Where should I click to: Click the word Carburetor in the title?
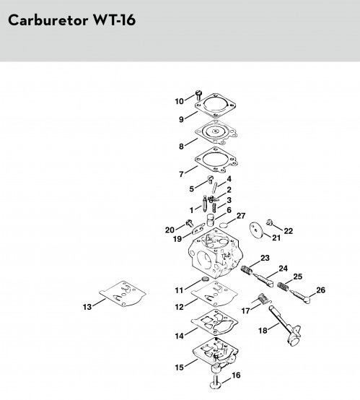point(48,20)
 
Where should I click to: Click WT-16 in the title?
point(114,20)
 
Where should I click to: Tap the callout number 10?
point(179,101)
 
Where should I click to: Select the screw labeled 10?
point(198,95)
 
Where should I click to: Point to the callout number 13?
point(87,307)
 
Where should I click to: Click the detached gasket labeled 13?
point(123,293)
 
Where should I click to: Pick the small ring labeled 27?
point(224,225)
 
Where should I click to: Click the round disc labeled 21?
point(256,230)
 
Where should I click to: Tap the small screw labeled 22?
point(270,222)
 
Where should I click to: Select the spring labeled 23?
point(247,270)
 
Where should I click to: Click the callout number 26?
point(321,290)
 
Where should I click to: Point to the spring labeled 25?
point(283,286)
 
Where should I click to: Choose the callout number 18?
point(263,331)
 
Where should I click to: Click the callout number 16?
point(236,375)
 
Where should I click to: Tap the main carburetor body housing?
point(216,253)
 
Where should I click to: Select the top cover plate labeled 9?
point(216,105)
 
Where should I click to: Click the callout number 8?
point(181,147)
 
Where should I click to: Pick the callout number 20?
point(170,230)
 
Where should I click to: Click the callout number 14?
point(179,336)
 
